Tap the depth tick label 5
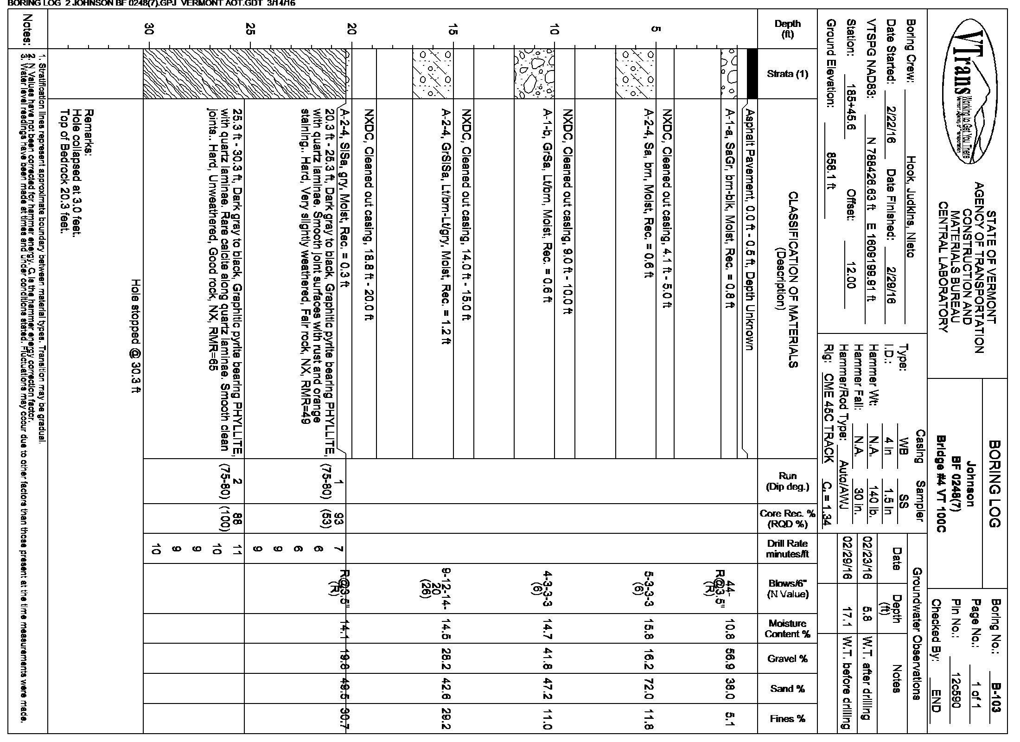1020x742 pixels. pyautogui.click(x=655, y=29)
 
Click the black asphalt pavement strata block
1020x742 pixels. pyautogui.click(x=752, y=74)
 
